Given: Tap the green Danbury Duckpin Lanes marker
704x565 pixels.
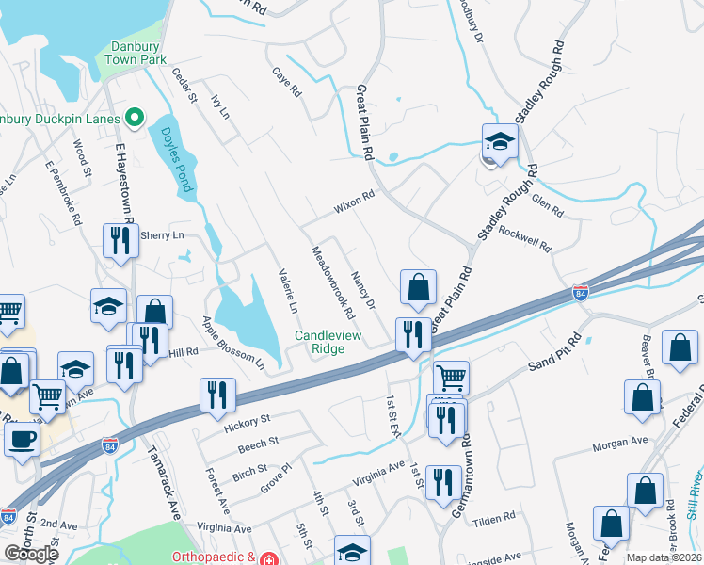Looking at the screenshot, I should coord(134,119).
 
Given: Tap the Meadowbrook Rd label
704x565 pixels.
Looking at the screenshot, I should coord(333,282).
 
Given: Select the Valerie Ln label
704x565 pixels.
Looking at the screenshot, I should coord(288,291).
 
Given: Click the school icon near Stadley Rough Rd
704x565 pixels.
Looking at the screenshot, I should coord(500,144).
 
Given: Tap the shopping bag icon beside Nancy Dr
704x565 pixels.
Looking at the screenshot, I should coord(418,288).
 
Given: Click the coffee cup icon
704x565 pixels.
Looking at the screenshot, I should coord(21,438).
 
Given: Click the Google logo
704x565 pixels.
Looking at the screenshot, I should coord(31,554).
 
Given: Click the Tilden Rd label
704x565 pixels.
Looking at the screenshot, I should coord(495,518).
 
